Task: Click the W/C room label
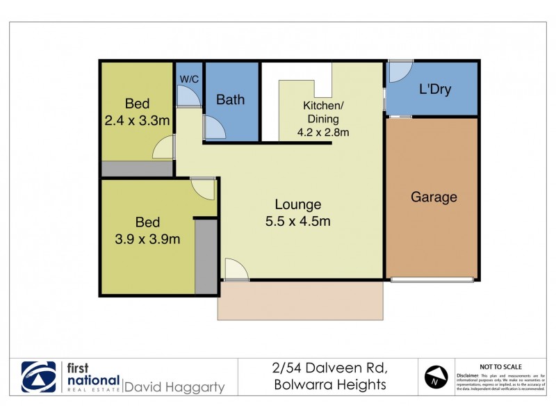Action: [x=189, y=79]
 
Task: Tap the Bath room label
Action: [x=230, y=99]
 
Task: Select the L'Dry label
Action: [x=436, y=90]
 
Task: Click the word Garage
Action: [x=434, y=197]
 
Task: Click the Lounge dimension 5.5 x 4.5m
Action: [x=297, y=222]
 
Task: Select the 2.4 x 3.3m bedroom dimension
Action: [x=137, y=121]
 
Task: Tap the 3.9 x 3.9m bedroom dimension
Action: [x=147, y=240]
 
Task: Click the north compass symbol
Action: [x=434, y=377]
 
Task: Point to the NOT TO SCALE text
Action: [x=501, y=366]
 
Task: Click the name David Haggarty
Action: [x=174, y=386]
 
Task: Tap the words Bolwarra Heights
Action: [x=329, y=384]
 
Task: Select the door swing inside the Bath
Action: [x=214, y=128]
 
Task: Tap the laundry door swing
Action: [x=399, y=71]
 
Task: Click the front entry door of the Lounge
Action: [x=236, y=270]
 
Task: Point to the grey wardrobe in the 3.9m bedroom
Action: [x=206, y=255]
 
